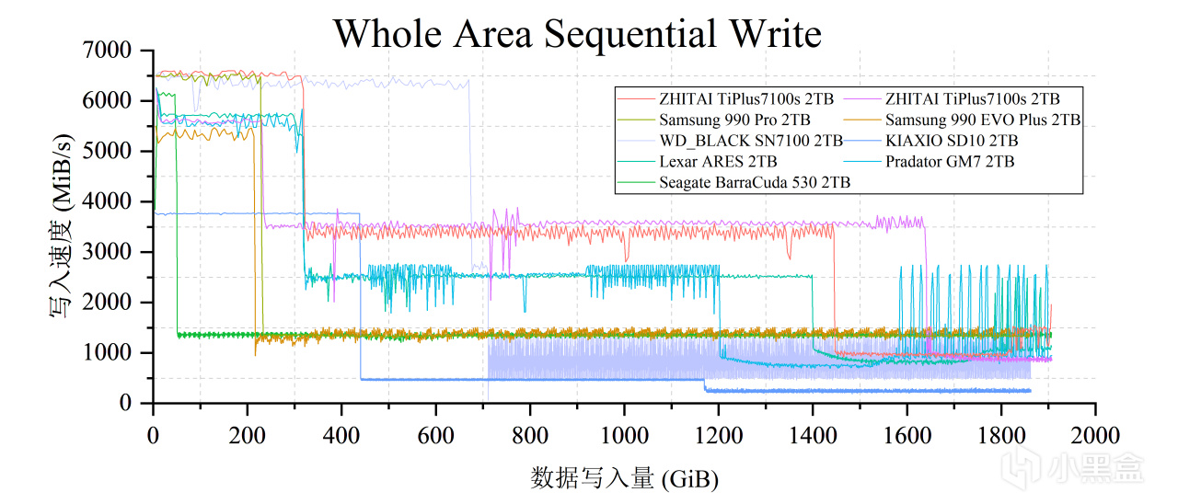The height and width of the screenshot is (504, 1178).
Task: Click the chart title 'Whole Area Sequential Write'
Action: click(x=576, y=34)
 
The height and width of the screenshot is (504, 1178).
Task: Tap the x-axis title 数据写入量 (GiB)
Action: click(x=624, y=479)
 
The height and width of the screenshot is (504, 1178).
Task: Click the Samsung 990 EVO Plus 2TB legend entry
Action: click(x=970, y=120)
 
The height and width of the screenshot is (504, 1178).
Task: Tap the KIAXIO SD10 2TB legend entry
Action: click(x=952, y=141)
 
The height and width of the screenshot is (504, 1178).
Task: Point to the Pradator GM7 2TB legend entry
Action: click(x=950, y=162)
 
